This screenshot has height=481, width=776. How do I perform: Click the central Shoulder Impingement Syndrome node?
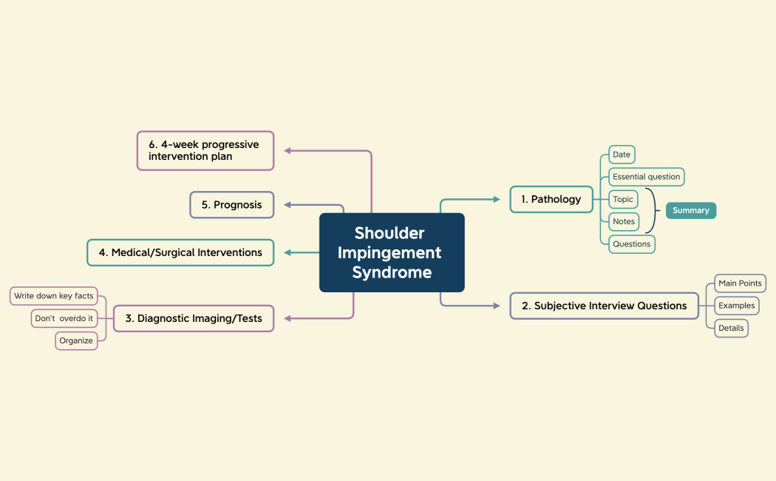[392, 252]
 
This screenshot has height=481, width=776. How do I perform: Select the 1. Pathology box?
[551, 199]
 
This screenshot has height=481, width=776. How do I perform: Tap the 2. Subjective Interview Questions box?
[604, 306]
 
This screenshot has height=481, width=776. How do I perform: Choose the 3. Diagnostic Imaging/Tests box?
[193, 318]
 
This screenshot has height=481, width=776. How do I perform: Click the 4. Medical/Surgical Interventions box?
[180, 252]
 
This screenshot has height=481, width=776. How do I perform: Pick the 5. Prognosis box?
[231, 205]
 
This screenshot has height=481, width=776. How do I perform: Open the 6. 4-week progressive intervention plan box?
[205, 151]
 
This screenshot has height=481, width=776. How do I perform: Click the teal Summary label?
[690, 211]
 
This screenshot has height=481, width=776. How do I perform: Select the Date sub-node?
[622, 155]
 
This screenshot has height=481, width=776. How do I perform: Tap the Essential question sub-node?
[646, 177]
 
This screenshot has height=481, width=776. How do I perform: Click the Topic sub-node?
[623, 199]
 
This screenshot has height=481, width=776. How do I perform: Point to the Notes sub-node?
[624, 221]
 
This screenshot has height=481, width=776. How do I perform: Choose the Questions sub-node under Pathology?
[631, 243]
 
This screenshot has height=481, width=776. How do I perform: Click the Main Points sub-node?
[740, 283]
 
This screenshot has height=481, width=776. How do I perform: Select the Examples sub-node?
[736, 306]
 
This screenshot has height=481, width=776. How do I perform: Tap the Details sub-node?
[731, 328]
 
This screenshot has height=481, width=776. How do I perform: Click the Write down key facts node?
[54, 296]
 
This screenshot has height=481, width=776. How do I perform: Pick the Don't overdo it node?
[64, 318]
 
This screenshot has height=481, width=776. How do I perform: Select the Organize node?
[76, 340]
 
